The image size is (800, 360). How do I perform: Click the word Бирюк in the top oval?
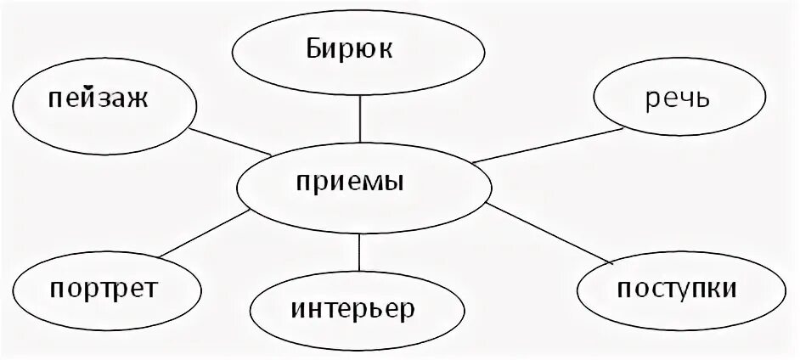361,48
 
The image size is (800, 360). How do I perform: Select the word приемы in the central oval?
363,182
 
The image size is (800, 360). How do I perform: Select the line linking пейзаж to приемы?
229,142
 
